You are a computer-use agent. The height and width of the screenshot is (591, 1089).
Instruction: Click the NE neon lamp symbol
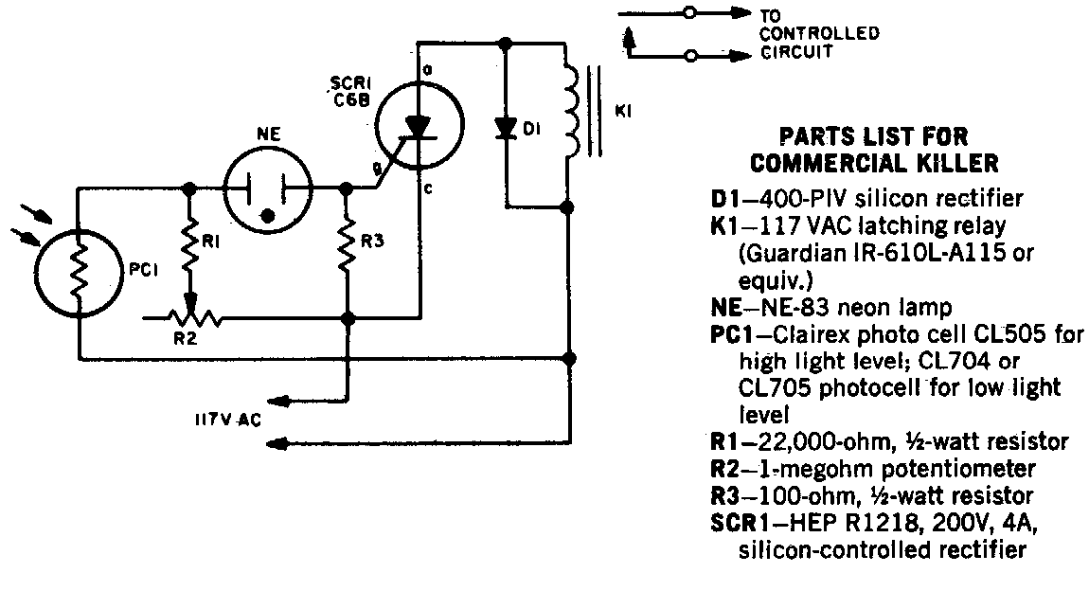tap(268, 189)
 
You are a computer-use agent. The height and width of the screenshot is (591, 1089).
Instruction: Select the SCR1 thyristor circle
tap(420, 130)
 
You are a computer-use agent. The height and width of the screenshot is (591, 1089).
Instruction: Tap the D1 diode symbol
tap(507, 128)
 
